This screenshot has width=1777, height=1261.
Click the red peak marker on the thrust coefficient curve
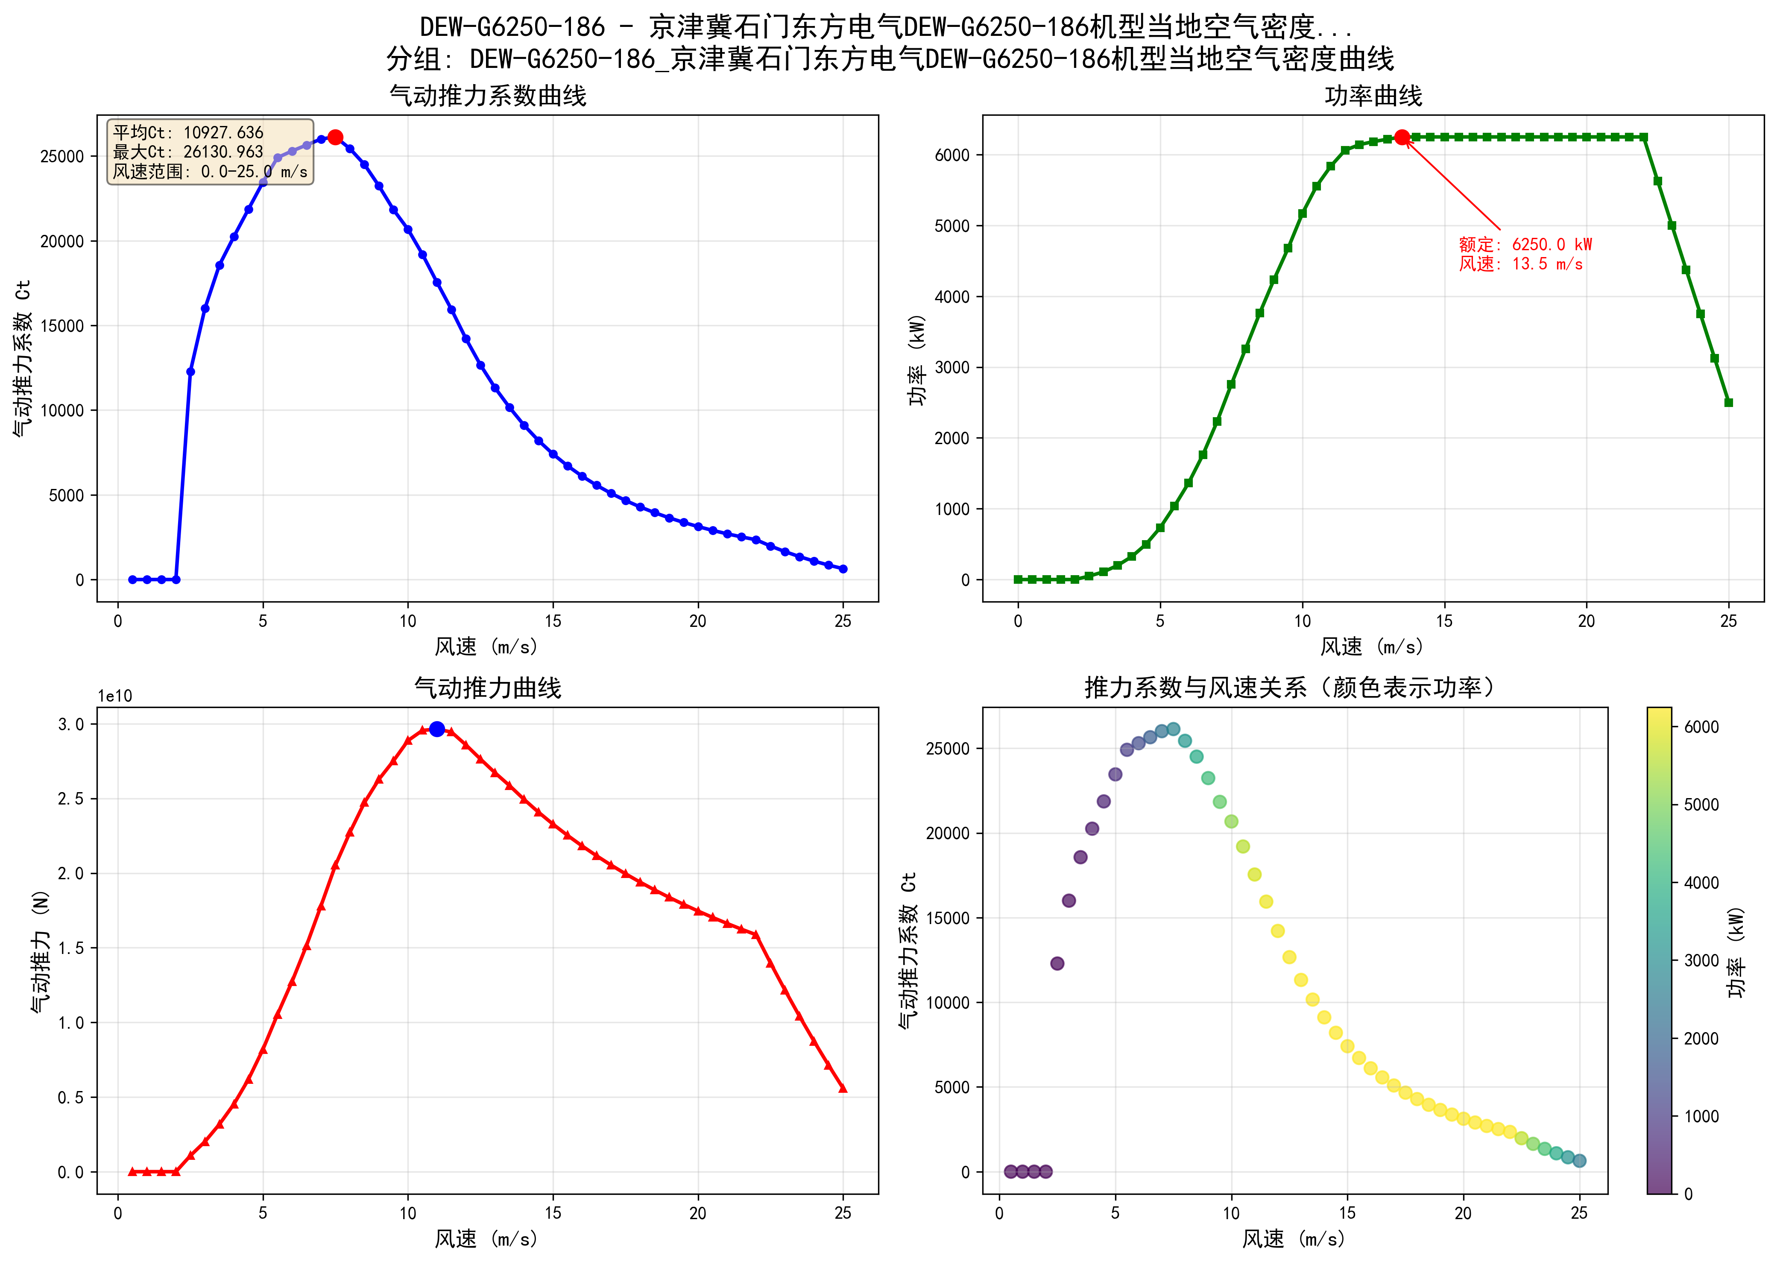coord(334,138)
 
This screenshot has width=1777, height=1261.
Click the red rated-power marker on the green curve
coord(1401,138)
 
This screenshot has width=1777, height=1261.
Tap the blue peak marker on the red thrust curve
coord(437,729)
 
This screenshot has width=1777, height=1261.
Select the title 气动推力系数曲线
coord(488,96)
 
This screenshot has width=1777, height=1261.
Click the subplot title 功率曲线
coord(1373,96)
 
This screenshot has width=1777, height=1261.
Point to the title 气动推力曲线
coord(488,688)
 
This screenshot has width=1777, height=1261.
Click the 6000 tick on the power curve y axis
coord(952,155)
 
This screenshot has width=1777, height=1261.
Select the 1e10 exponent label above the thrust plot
coord(115,696)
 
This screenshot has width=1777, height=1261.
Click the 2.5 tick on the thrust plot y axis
coord(70,799)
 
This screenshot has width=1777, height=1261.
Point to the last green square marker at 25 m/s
coord(1728,402)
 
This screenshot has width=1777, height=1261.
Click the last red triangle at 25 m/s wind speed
coord(843,1088)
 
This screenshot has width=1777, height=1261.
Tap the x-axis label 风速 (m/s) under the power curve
coord(1372,647)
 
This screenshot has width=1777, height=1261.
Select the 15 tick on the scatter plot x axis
coord(1347,1213)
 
